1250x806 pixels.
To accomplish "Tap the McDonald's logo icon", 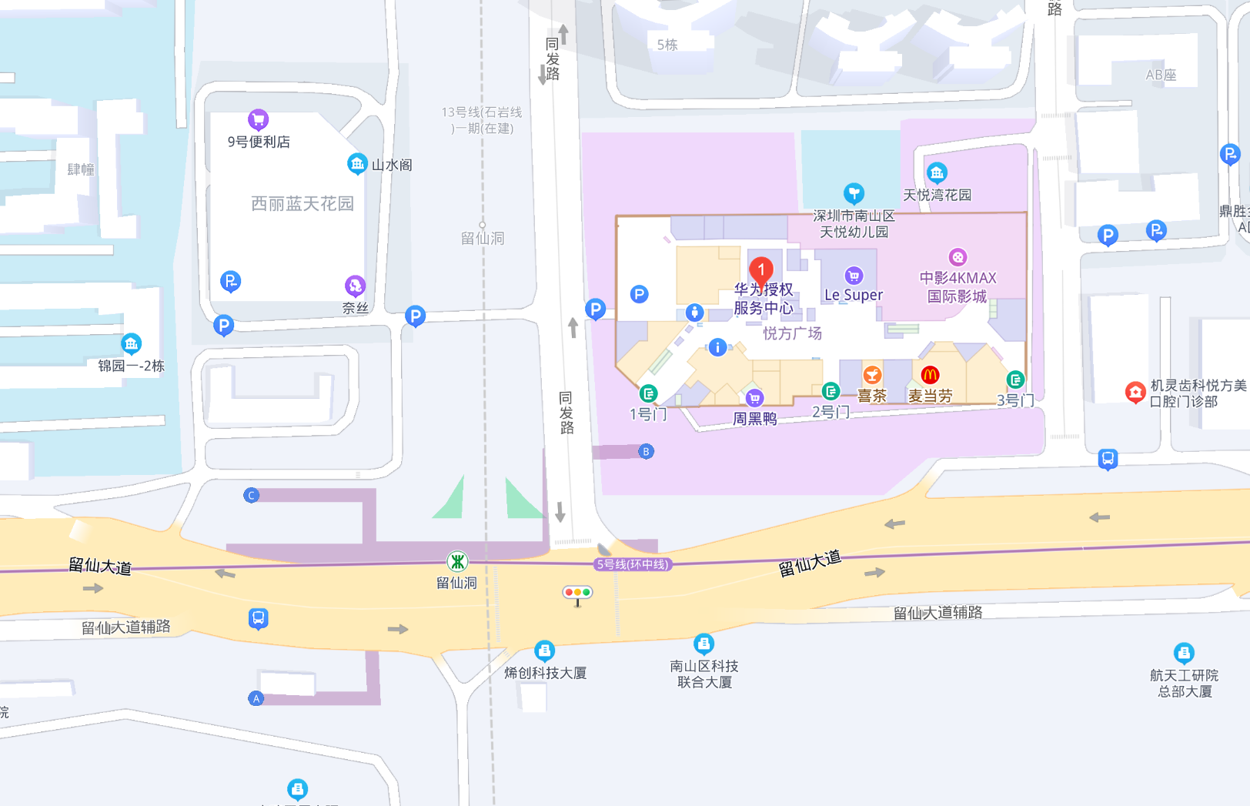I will coord(930,375).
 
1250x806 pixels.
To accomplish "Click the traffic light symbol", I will coord(577,593).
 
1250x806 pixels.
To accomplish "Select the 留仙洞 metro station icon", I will coord(457,561).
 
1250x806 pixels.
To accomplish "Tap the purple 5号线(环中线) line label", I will coord(633,564).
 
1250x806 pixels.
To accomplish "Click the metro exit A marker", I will coord(256,698).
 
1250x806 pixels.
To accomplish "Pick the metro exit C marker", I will coord(251,495).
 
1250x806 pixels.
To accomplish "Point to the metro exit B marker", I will coord(646,451).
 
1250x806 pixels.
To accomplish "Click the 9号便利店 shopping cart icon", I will coord(258,119).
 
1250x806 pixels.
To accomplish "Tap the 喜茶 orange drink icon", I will coord(871,375).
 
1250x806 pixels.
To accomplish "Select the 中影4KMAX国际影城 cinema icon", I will coord(957,257).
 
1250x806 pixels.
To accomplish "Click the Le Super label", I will coord(853,295).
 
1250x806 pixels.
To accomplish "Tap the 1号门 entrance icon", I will coord(648,394).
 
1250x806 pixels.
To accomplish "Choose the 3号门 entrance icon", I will coord(1015,380).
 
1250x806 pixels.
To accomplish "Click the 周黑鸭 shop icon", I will coord(754,397).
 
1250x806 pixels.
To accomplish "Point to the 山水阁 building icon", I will coord(356,163).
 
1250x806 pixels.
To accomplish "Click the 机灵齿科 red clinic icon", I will coord(1135,392).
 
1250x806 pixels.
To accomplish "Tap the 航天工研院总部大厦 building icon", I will coord(1184,653).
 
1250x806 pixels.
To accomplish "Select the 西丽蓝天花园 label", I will coord(302,203).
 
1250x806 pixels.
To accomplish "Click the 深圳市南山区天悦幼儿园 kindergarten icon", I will coord(853,192).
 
